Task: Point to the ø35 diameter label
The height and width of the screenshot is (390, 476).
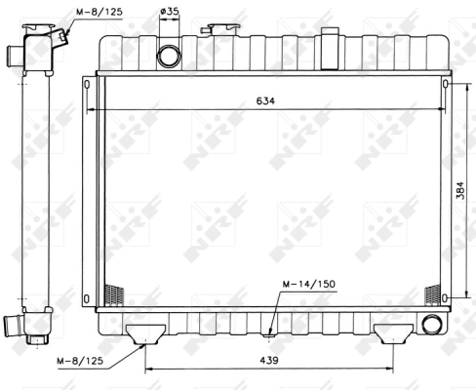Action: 169,13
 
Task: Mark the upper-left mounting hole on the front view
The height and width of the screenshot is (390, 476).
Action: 89,85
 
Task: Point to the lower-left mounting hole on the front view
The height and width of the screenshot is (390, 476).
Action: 89,296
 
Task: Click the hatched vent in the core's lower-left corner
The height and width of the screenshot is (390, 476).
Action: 114,293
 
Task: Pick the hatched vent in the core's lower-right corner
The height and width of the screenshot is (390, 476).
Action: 431,293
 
